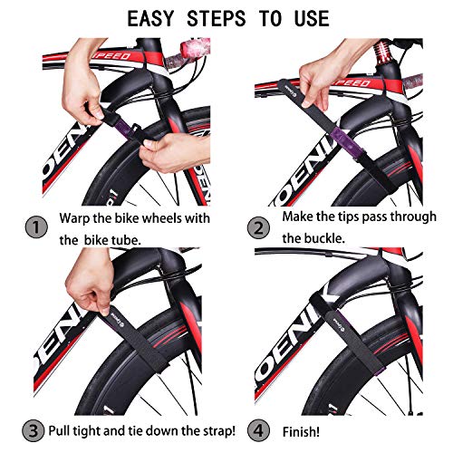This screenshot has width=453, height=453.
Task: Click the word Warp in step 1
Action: (x=75, y=218)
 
